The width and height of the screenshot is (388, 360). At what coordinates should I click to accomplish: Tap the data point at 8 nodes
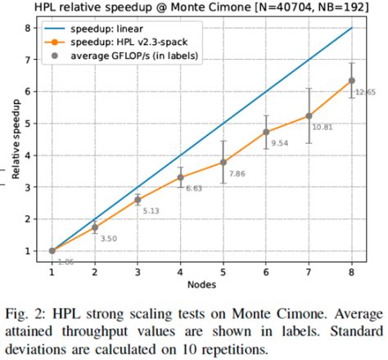click(x=352, y=80)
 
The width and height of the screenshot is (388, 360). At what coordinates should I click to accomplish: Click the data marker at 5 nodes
click(x=223, y=162)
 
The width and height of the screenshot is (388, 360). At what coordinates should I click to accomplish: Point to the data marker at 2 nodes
click(x=94, y=227)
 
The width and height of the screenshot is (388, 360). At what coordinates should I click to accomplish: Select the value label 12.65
click(x=366, y=92)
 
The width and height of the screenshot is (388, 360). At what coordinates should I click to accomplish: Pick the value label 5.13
click(x=152, y=211)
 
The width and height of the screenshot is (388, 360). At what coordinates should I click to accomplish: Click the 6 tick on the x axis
click(x=266, y=271)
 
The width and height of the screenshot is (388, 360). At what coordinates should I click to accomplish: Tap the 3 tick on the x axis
click(x=137, y=271)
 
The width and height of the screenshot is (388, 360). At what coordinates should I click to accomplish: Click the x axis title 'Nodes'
click(x=201, y=283)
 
